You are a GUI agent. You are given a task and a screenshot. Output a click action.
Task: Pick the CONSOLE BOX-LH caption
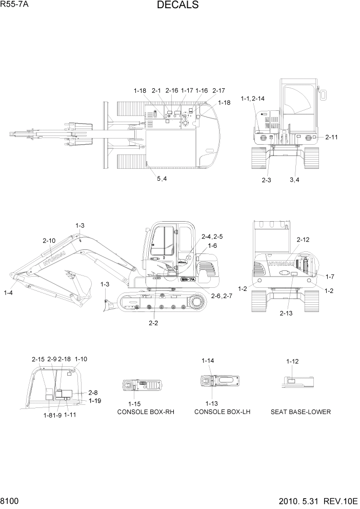[x=222, y=412]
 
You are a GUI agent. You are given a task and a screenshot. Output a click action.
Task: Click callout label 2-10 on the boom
[x=49, y=240]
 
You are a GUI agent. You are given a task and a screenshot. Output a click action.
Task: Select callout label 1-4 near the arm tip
[x=8, y=292]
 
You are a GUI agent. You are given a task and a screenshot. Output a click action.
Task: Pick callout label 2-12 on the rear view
[x=303, y=240]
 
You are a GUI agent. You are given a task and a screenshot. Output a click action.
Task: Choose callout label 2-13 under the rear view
[x=287, y=312]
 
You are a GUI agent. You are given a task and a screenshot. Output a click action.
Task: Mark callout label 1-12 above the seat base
[x=292, y=361]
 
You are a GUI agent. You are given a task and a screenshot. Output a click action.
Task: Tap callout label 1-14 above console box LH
[x=208, y=361]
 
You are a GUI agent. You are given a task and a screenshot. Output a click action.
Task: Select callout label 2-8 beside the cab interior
[x=93, y=393]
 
